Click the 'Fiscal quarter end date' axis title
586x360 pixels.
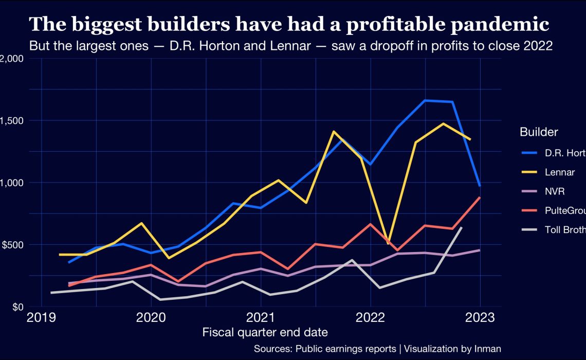point(265,332)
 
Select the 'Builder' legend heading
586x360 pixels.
point(539,132)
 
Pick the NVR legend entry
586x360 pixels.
point(554,191)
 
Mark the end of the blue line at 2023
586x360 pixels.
point(480,186)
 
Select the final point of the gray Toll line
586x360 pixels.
point(462,227)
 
